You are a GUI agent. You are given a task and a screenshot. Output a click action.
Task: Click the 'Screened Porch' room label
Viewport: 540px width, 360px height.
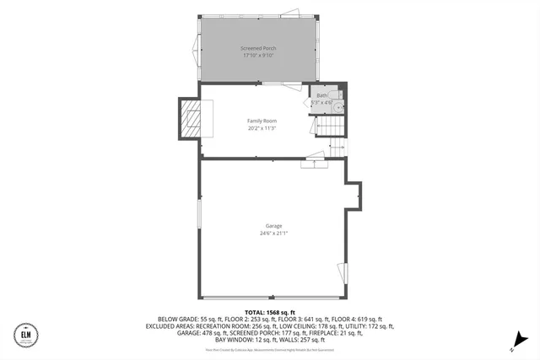(257, 49)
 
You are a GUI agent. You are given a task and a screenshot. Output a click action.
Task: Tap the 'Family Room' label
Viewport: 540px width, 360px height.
(262, 121)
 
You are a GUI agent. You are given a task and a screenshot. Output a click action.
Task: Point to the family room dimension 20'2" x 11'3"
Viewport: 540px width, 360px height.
(262, 128)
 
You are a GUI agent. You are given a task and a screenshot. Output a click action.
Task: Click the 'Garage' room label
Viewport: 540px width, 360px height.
(273, 226)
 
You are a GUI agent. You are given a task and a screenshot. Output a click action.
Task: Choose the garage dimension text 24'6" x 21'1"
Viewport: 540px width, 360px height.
(273, 234)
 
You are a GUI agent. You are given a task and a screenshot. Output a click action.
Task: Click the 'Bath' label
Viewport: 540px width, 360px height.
(321, 95)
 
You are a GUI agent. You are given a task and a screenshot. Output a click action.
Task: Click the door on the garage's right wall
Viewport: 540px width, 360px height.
(345, 273)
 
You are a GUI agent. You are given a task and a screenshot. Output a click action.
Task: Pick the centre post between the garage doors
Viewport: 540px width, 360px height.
(273, 297)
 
